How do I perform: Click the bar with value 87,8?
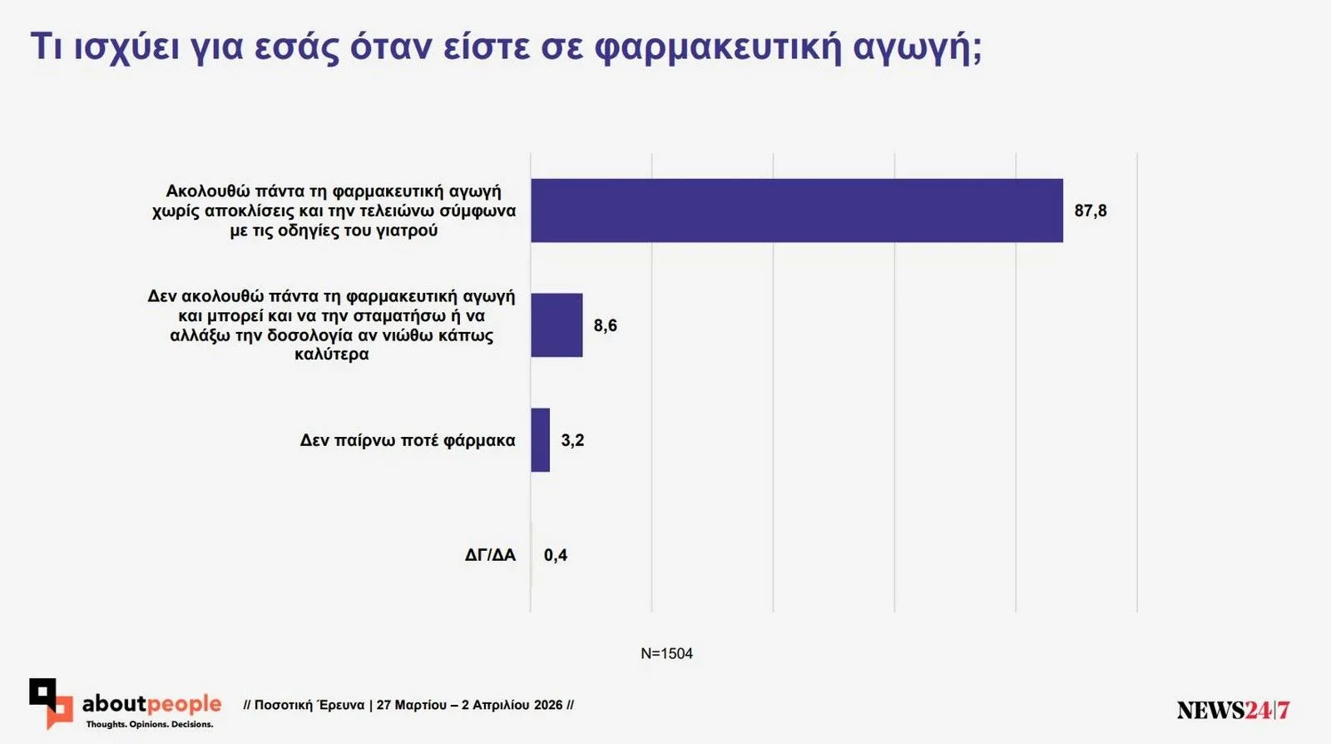click(x=796, y=211)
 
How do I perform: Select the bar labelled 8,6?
click(x=557, y=325)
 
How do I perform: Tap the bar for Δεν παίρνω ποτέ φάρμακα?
click(x=541, y=440)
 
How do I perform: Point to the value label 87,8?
click(x=1090, y=211)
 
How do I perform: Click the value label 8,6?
click(x=605, y=325)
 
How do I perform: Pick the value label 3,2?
click(x=572, y=440)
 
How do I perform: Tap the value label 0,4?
click(x=555, y=555)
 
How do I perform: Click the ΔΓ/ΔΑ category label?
click(x=490, y=555)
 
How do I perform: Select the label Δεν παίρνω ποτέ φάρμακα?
click(x=408, y=440)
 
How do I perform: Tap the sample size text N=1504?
click(x=666, y=653)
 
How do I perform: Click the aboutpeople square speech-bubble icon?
click(x=50, y=702)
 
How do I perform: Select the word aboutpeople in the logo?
click(x=151, y=704)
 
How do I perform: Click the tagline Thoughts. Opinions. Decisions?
click(x=150, y=724)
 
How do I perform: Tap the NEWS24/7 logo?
click(x=1233, y=710)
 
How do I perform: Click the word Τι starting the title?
click(x=47, y=47)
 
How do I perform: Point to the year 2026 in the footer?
click(x=548, y=705)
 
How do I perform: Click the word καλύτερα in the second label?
click(x=332, y=354)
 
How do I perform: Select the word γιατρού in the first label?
click(x=407, y=231)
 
